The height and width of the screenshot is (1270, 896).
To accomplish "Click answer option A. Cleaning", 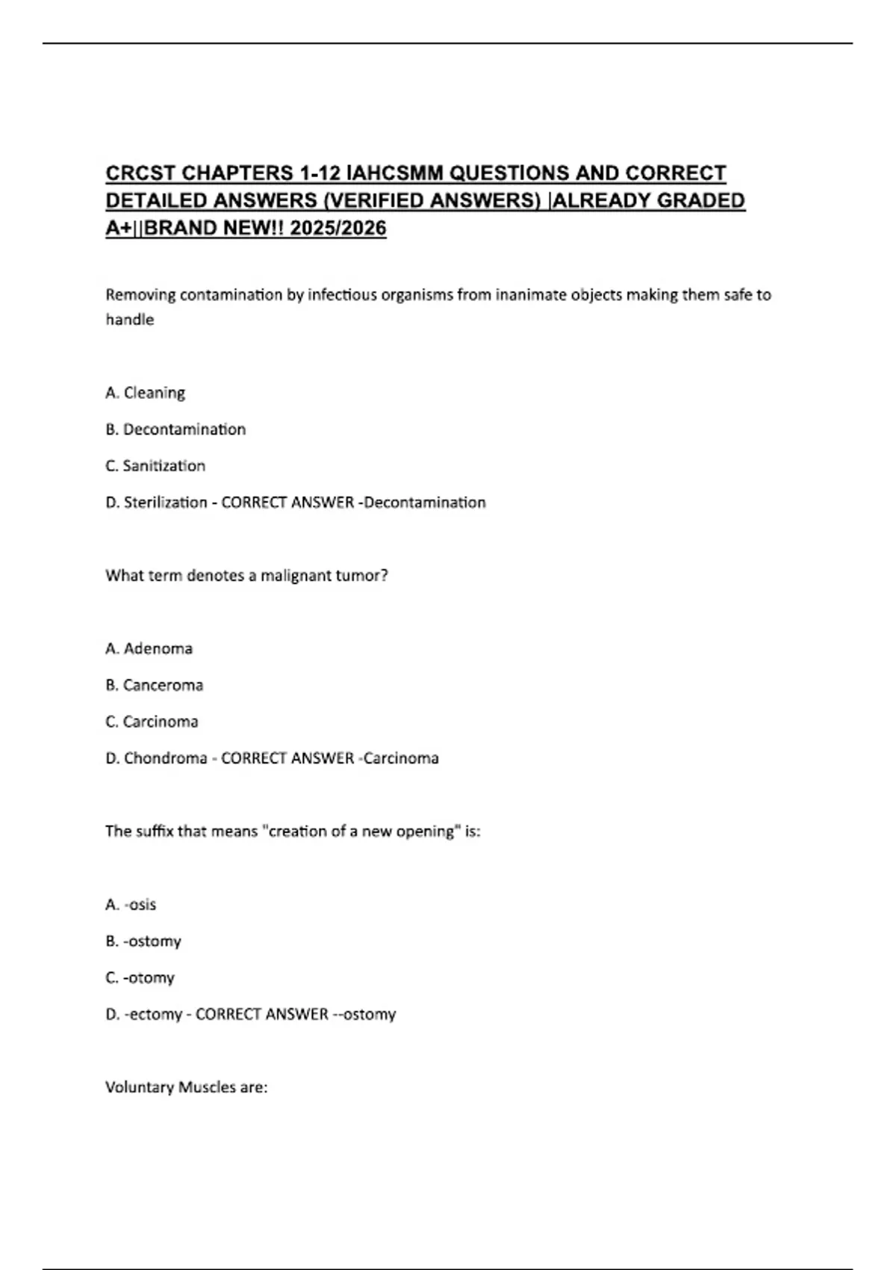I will point(146,393).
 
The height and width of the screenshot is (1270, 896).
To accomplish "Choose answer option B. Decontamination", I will point(175,430).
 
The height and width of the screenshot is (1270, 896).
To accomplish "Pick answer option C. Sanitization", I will point(155,466).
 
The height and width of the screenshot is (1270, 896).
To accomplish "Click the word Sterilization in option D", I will point(165,503).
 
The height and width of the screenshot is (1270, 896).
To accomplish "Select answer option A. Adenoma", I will point(149,648).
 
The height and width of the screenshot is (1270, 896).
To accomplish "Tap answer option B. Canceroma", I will point(154,685).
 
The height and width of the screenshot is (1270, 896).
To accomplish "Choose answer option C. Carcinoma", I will point(152,722).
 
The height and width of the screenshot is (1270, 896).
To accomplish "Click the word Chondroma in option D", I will point(165,758).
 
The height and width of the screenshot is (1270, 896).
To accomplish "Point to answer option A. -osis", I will point(131,905).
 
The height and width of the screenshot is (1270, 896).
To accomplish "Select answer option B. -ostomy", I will point(143,941).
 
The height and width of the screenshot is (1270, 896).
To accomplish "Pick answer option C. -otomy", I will point(140,978).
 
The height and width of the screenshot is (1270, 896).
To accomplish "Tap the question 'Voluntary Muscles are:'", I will point(186,1088).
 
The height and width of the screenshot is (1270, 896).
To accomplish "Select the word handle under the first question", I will point(129,320).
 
